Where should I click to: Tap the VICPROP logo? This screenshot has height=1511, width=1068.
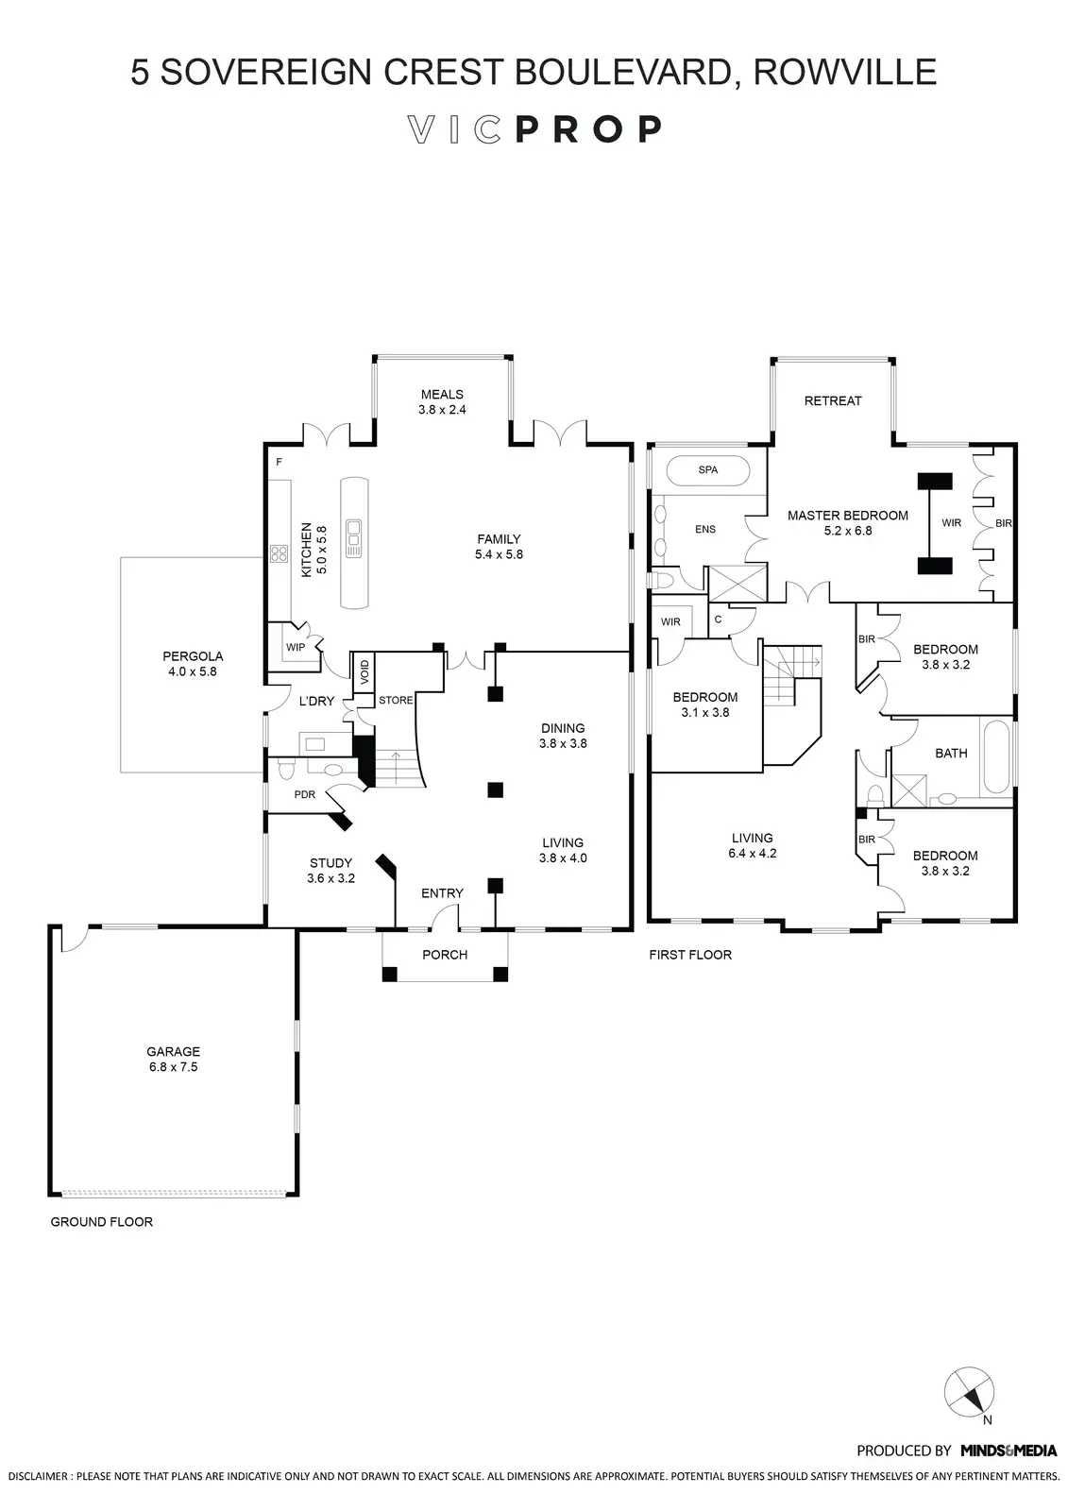tap(534, 129)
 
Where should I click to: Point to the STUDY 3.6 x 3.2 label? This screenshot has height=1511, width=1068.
tap(331, 870)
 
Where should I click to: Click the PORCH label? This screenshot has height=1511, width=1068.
tap(445, 955)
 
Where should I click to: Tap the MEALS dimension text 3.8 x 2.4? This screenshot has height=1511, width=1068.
tap(442, 410)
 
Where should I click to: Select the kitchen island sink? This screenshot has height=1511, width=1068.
tap(355, 538)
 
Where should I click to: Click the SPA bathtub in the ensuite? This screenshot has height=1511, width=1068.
tap(707, 470)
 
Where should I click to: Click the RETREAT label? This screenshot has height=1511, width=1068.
tap(833, 400)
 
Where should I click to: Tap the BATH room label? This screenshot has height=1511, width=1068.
tap(951, 753)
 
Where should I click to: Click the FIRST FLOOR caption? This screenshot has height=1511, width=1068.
tap(690, 955)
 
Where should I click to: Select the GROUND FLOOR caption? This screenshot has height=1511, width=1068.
tap(101, 1222)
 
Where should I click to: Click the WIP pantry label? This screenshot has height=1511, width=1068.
tap(295, 648)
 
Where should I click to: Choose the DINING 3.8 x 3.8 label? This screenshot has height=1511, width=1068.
tap(563, 736)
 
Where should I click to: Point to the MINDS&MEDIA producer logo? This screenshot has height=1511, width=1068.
tap(1009, 1451)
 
